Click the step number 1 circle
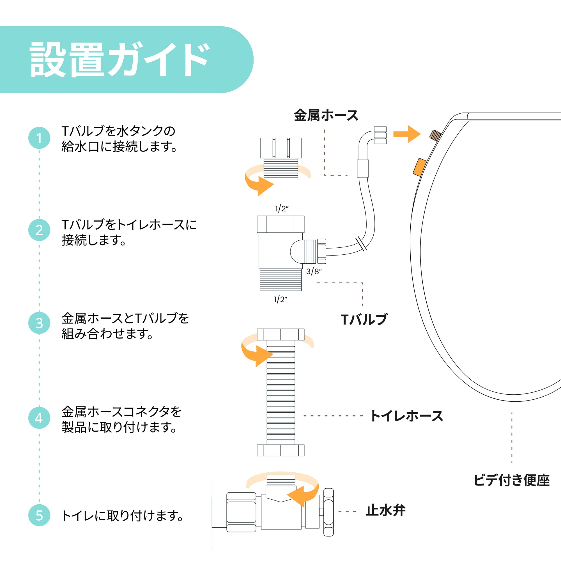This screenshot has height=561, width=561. pos(39,138)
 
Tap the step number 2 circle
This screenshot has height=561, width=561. pos(39,230)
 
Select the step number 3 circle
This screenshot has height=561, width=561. pos(39,323)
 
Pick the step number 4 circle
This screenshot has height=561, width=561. pos(39,418)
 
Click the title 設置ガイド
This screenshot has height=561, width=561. pos(119,59)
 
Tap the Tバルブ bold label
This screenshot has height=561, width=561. pos(364,319)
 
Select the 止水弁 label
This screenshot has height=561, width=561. pos(386,511)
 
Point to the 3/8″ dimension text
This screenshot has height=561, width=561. pos(314,272)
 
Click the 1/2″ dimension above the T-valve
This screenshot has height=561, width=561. pos(282,208)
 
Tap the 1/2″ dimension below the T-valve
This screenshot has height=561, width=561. pos(280,299)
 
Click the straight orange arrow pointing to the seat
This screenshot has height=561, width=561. pos(406,134)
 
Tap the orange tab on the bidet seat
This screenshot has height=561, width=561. pos(420,167)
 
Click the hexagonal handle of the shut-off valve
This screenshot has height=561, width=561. pos(328,512)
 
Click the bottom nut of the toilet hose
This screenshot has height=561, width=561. pos(280,450)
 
